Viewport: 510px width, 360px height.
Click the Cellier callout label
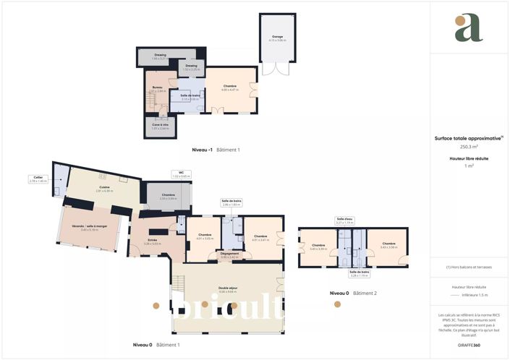[x=38, y=178]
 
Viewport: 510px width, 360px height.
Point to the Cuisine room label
[x=104, y=188]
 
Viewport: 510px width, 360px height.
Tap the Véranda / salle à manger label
[x=89, y=226]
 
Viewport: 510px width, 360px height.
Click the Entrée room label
[x=153, y=241]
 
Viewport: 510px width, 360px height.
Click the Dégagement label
[x=230, y=254]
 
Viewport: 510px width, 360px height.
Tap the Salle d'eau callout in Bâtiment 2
[x=344, y=220]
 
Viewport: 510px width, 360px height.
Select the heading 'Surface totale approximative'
[x=467, y=138]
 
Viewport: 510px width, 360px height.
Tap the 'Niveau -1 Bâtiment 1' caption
[x=216, y=150]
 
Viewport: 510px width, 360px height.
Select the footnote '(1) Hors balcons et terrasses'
[x=469, y=267]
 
